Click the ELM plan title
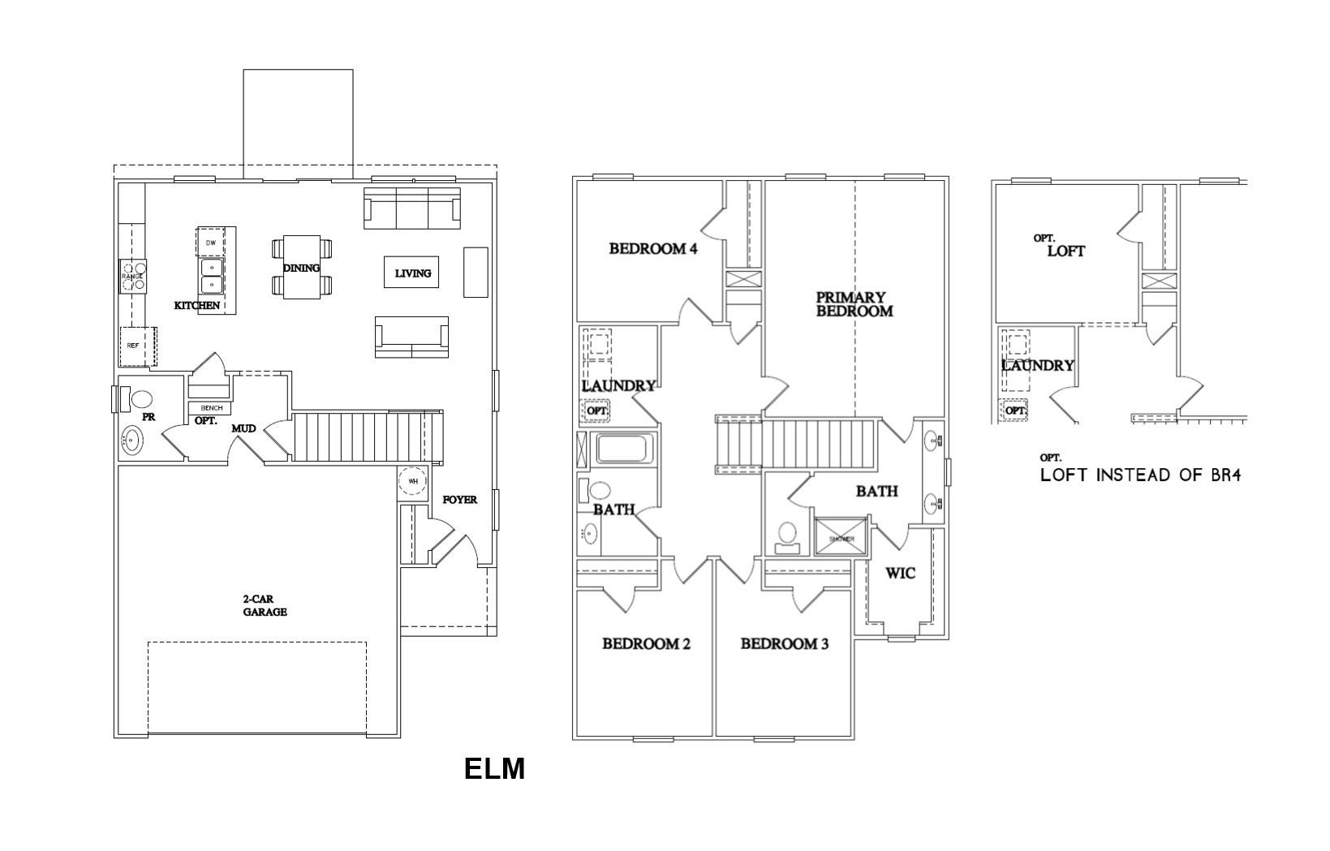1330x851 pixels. coord(494,768)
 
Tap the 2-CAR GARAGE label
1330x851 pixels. coord(265,606)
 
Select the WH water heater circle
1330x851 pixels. coord(412,481)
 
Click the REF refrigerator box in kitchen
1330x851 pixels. coord(136,346)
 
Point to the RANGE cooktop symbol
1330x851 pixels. coord(132,275)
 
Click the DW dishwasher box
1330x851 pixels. coord(211,243)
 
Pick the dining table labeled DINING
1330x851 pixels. coord(301,268)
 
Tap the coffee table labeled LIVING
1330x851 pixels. coord(412,273)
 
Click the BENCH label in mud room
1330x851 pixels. coord(211,408)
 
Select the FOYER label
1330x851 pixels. coord(459,500)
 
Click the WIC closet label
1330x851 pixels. coord(900,574)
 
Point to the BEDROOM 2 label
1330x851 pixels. coord(646,644)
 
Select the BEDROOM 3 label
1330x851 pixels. coord(784,644)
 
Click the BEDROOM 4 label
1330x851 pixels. coord(652,248)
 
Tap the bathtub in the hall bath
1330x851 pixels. coord(624,449)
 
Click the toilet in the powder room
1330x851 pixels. coord(140,399)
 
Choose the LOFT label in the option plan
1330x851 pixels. coord(1065,251)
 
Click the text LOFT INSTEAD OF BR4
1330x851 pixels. coord(1140,475)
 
